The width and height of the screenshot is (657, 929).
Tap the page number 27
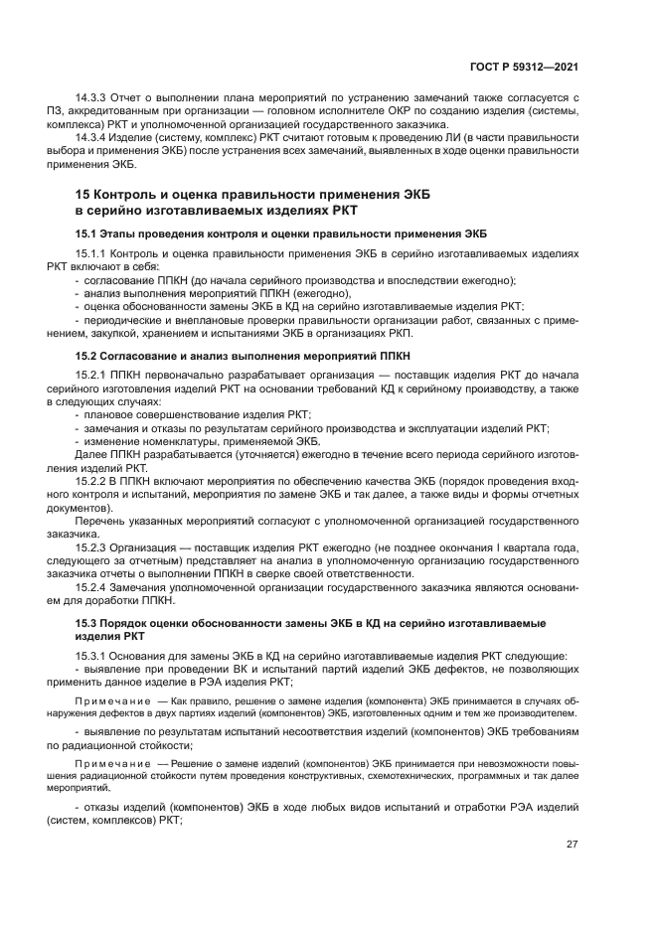(x=572, y=845)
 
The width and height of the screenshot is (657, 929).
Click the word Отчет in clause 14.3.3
(x=131, y=98)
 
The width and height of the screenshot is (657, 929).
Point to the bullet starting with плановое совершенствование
(x=199, y=414)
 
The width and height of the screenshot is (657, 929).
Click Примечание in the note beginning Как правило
(x=111, y=699)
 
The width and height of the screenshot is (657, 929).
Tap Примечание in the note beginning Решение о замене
(x=111, y=763)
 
